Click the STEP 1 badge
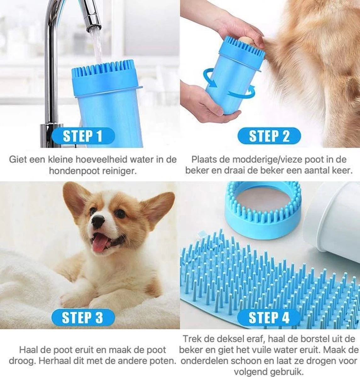[82, 136]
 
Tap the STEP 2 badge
[269, 136]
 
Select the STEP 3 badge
[82, 318]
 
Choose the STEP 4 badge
[269, 318]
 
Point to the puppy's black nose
[98, 222]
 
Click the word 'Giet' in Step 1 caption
[16, 159]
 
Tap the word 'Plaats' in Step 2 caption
[203, 159]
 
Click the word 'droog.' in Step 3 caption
[19, 360]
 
